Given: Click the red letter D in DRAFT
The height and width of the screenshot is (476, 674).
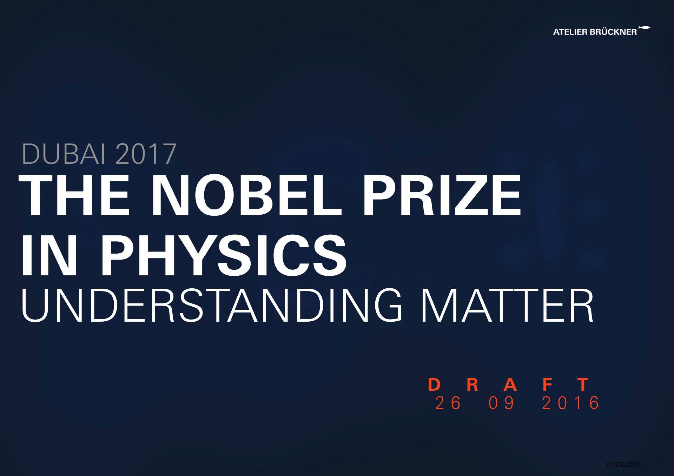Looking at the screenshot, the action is pos(434,385).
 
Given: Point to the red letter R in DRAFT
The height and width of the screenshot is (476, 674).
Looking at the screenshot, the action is pos(473,385).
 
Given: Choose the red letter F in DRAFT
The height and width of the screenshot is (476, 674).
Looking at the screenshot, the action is pos(547,385).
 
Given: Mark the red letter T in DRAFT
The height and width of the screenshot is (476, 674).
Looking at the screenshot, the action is pos(583,385).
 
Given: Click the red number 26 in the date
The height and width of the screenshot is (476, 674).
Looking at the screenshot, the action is pos(448,403).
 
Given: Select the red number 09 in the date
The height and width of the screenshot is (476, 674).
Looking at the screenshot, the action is pos(501,403).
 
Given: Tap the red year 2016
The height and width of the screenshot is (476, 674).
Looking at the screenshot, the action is pos(571,403).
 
